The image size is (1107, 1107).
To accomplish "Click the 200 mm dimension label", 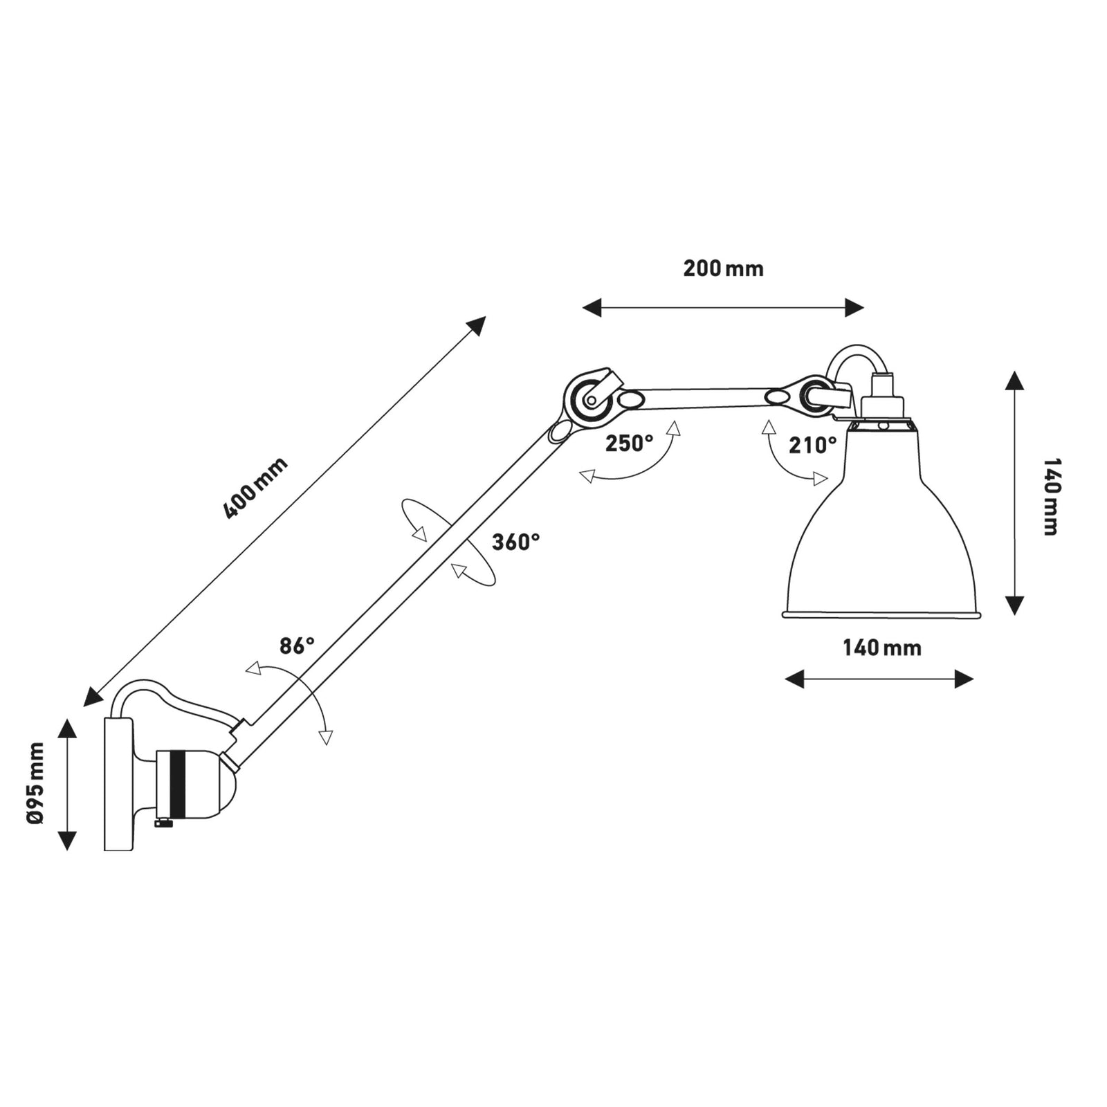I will tap(723, 268).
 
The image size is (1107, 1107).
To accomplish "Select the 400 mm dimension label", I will tap(255, 488).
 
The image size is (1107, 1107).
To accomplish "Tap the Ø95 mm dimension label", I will tap(35, 783).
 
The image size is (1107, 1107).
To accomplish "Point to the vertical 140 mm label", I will tap(1050, 496).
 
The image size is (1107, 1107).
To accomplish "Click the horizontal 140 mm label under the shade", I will tap(881, 648).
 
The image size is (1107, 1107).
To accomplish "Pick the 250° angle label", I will tap(629, 443).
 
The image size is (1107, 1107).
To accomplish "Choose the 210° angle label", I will tap(812, 446).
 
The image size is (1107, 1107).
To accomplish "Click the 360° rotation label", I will tap(515, 542).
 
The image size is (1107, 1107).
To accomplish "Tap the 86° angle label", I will tap(297, 646).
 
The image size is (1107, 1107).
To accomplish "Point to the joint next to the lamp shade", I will tap(814, 396).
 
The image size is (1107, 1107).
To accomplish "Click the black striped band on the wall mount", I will tap(178, 783).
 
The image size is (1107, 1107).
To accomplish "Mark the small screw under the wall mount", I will tap(163, 823).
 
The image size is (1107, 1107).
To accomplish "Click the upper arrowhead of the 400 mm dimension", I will tap(477, 324).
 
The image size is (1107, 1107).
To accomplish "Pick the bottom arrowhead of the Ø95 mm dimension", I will tap(67, 841).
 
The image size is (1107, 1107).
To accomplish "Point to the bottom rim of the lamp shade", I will tap(882, 614).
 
